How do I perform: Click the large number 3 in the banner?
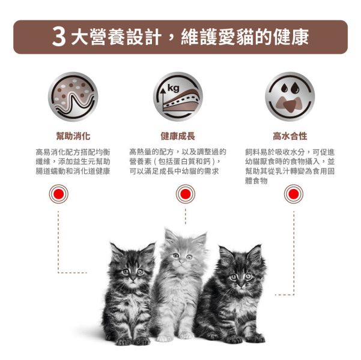(59, 37)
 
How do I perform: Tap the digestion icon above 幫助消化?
(73, 97)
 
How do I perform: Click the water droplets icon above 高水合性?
(290, 97)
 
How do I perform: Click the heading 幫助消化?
(73, 136)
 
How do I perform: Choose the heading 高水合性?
(290, 136)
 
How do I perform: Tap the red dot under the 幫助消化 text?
(59, 194)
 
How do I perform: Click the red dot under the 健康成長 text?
(185, 194)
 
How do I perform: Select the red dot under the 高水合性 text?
(294, 194)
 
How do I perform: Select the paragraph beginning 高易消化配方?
(73, 161)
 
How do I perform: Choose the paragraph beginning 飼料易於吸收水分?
(290, 166)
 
